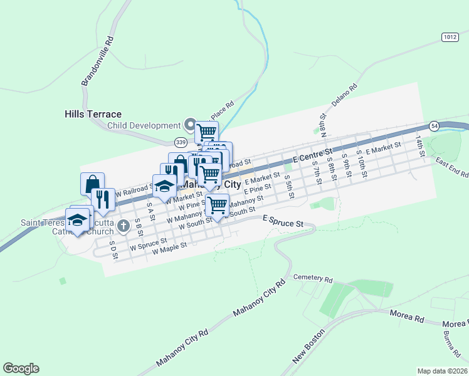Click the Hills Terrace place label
[93, 114]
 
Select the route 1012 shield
[449, 37]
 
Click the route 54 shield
[434, 126]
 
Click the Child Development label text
[144, 125]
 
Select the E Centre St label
[315, 156]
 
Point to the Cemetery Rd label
[312, 278]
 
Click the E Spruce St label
[283, 222]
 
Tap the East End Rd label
[450, 167]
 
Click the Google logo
[21, 368]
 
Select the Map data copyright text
[442, 371]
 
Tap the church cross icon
[124, 226]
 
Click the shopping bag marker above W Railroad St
[92, 184]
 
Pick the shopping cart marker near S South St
[217, 205]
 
